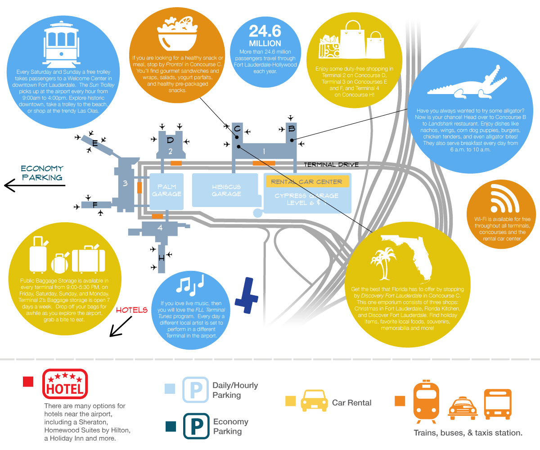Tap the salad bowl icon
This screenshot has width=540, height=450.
click(177, 34)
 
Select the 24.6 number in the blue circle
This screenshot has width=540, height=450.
click(265, 31)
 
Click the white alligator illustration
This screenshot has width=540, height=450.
click(467, 83)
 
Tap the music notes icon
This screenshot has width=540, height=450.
click(190, 284)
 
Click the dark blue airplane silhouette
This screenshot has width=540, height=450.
click(247, 295)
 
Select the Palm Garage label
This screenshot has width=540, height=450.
click(166, 190)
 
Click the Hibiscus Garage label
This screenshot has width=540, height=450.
click(226, 190)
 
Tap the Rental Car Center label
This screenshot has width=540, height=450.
click(306, 182)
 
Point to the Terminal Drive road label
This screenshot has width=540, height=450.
click(331, 165)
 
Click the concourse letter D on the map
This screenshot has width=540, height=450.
click(170, 140)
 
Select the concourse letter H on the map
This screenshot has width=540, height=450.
click(162, 258)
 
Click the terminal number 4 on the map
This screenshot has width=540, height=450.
click(160, 228)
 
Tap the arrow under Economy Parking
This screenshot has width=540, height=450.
click(35, 185)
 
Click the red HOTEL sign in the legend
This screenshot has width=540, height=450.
click(65, 384)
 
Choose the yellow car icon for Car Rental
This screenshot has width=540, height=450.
click(314, 400)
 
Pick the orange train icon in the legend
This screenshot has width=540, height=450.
click(426, 401)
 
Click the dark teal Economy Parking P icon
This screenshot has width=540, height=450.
click(196, 426)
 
